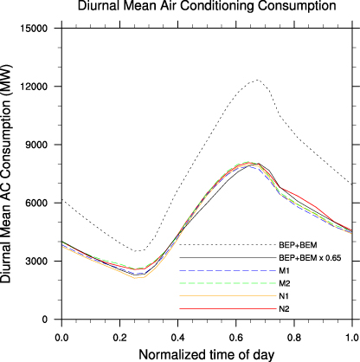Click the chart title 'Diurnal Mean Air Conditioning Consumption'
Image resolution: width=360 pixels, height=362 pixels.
(x=206, y=7)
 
